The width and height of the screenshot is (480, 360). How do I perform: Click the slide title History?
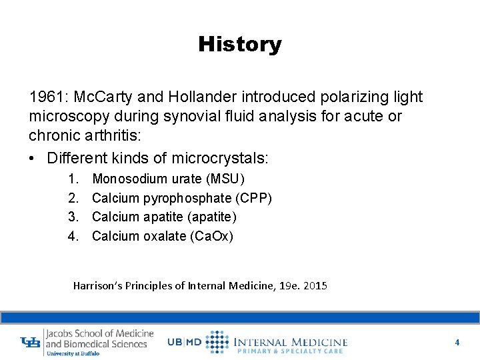coord(239,45)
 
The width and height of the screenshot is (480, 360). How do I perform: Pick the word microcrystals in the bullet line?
coord(220,159)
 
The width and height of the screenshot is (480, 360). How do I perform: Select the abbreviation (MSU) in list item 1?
coord(225,179)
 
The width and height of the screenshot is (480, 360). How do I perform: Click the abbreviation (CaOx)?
coord(212,236)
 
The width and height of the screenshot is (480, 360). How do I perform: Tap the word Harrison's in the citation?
coord(97,285)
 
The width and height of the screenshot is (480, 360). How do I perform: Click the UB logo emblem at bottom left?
coord(31,343)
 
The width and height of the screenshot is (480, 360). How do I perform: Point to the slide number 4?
coord(457,342)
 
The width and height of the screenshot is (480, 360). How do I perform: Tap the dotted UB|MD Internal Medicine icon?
coord(217,341)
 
